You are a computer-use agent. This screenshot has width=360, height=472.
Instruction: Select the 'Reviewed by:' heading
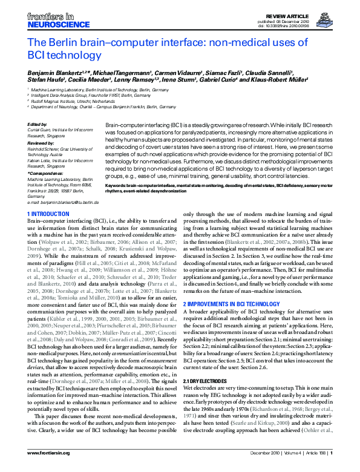click(41, 144)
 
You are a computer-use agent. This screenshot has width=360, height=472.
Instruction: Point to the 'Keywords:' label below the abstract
click(116, 185)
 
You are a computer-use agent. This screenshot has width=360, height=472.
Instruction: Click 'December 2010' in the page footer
click(262, 462)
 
